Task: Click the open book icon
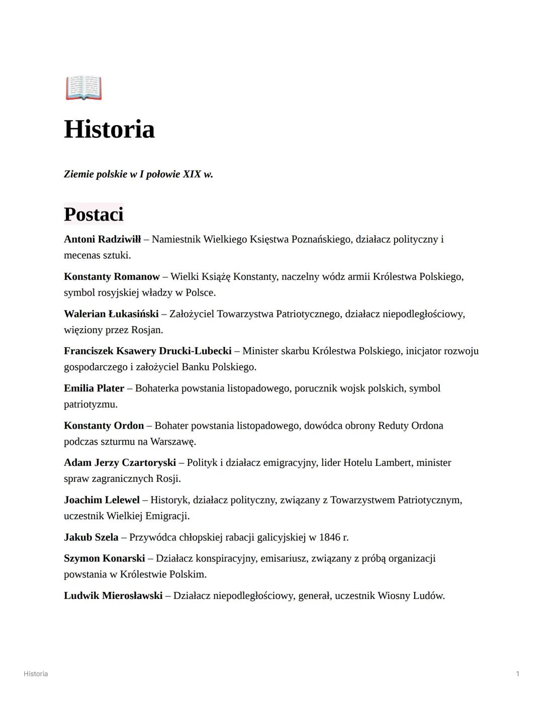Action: click(83, 88)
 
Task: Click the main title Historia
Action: click(109, 129)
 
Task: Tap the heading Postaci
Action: click(94, 214)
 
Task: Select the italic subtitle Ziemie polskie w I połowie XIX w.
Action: click(138, 174)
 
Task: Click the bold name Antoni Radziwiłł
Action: click(102, 239)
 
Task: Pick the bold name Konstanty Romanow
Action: click(112, 276)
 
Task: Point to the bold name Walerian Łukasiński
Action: click(111, 314)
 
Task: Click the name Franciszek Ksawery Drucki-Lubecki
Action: click(148, 351)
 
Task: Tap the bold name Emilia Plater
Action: click(94, 388)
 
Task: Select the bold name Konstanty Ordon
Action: click(104, 426)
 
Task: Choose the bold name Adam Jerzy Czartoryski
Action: click(120, 463)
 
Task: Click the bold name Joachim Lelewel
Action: click(102, 500)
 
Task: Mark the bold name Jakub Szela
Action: click(91, 537)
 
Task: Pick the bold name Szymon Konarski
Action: click(104, 558)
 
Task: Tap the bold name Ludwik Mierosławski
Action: click(113, 596)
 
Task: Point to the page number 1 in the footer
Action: click(517, 674)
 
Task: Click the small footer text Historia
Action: click(36, 674)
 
